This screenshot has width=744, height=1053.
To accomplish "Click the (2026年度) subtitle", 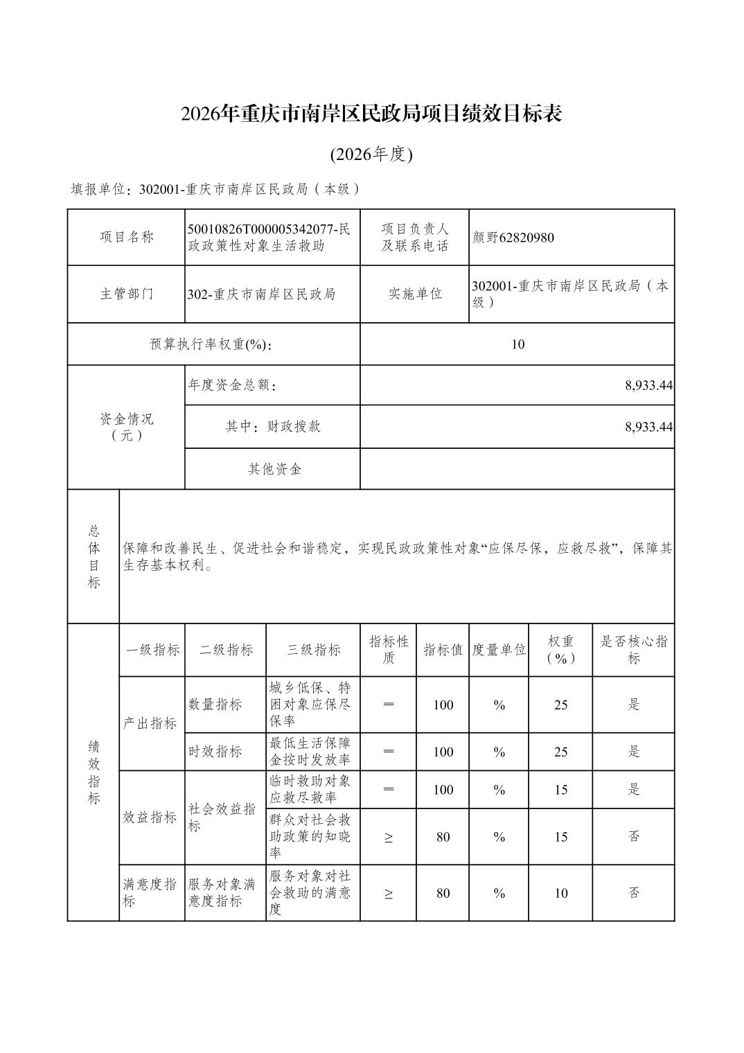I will coord(371,154).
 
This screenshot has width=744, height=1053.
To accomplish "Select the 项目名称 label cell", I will coord(126,237).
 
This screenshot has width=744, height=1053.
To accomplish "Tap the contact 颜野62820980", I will coord(513,238).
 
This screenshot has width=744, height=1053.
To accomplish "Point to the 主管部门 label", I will coord(126,294).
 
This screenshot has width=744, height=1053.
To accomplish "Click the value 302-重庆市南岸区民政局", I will coord(262,294).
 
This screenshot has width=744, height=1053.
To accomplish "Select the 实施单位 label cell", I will coord(414,294).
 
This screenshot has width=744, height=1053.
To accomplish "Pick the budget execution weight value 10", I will coord(517,344).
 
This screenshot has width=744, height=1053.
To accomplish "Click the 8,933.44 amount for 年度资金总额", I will coord(648,385).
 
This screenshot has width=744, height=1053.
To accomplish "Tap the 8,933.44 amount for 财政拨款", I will coord(648,427).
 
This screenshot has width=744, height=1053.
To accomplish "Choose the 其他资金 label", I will coord(274,469).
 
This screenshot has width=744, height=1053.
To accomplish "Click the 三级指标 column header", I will coord(313,650).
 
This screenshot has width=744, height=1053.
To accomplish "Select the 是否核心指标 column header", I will coord(633,650).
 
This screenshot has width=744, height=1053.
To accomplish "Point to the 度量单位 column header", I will coord(499,650).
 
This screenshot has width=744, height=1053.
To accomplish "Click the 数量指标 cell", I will coord(215,705).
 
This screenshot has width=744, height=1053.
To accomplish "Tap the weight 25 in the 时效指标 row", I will coord(560,752).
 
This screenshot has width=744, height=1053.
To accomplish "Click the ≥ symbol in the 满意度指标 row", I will coord(388,893).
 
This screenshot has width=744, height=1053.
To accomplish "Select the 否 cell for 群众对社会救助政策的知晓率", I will coord(633,836).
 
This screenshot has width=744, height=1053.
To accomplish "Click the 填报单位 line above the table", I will coord(216,189).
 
